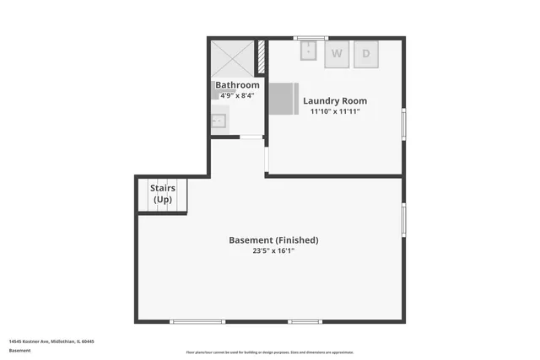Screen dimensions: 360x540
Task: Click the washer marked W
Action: pyautogui.click(x=337, y=53)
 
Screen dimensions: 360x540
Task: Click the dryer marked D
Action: pyautogui.click(x=366, y=53)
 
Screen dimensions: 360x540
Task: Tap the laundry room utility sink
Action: pyautogui.click(x=309, y=51)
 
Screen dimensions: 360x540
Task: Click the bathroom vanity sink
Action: pyautogui.click(x=219, y=121)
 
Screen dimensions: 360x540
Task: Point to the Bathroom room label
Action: pyautogui.click(x=237, y=85)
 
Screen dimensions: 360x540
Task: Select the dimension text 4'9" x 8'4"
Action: pyautogui.click(x=237, y=96)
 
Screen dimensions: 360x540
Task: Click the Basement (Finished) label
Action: pyautogui.click(x=273, y=240)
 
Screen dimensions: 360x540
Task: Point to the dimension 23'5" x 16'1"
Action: pyautogui.click(x=273, y=251)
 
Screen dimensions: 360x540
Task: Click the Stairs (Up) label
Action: pyautogui.click(x=163, y=193)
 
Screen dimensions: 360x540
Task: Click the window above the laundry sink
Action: pyautogui.click(x=310, y=37)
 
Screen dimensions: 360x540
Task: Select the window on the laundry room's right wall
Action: pyautogui.click(x=403, y=124)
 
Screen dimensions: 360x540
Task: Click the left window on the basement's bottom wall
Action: pyautogui.click(x=197, y=321)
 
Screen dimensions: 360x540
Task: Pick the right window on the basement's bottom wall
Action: pyautogui.click(x=305, y=321)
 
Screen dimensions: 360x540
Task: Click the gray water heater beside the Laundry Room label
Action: pyautogui.click(x=283, y=99)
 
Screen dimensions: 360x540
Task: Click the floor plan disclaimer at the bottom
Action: pyautogui.click(x=270, y=352)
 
